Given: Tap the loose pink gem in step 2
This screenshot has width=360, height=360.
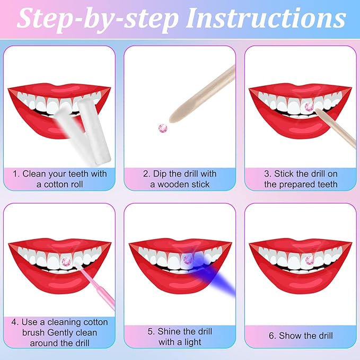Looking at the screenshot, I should pos(163,128).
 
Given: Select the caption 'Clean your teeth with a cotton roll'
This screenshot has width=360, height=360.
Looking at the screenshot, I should pos(60,179).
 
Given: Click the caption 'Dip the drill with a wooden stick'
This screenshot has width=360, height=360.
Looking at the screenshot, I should pos(180,179).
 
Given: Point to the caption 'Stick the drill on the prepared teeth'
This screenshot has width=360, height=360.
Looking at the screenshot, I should pos(300,179).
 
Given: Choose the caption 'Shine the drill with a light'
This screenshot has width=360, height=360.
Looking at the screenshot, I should pos(180,336).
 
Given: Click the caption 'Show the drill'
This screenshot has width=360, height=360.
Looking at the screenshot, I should pos(300,336).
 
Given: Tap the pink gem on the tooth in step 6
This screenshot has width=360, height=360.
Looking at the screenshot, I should pos(310,260).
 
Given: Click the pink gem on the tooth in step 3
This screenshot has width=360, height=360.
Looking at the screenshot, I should pos(310,107).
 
